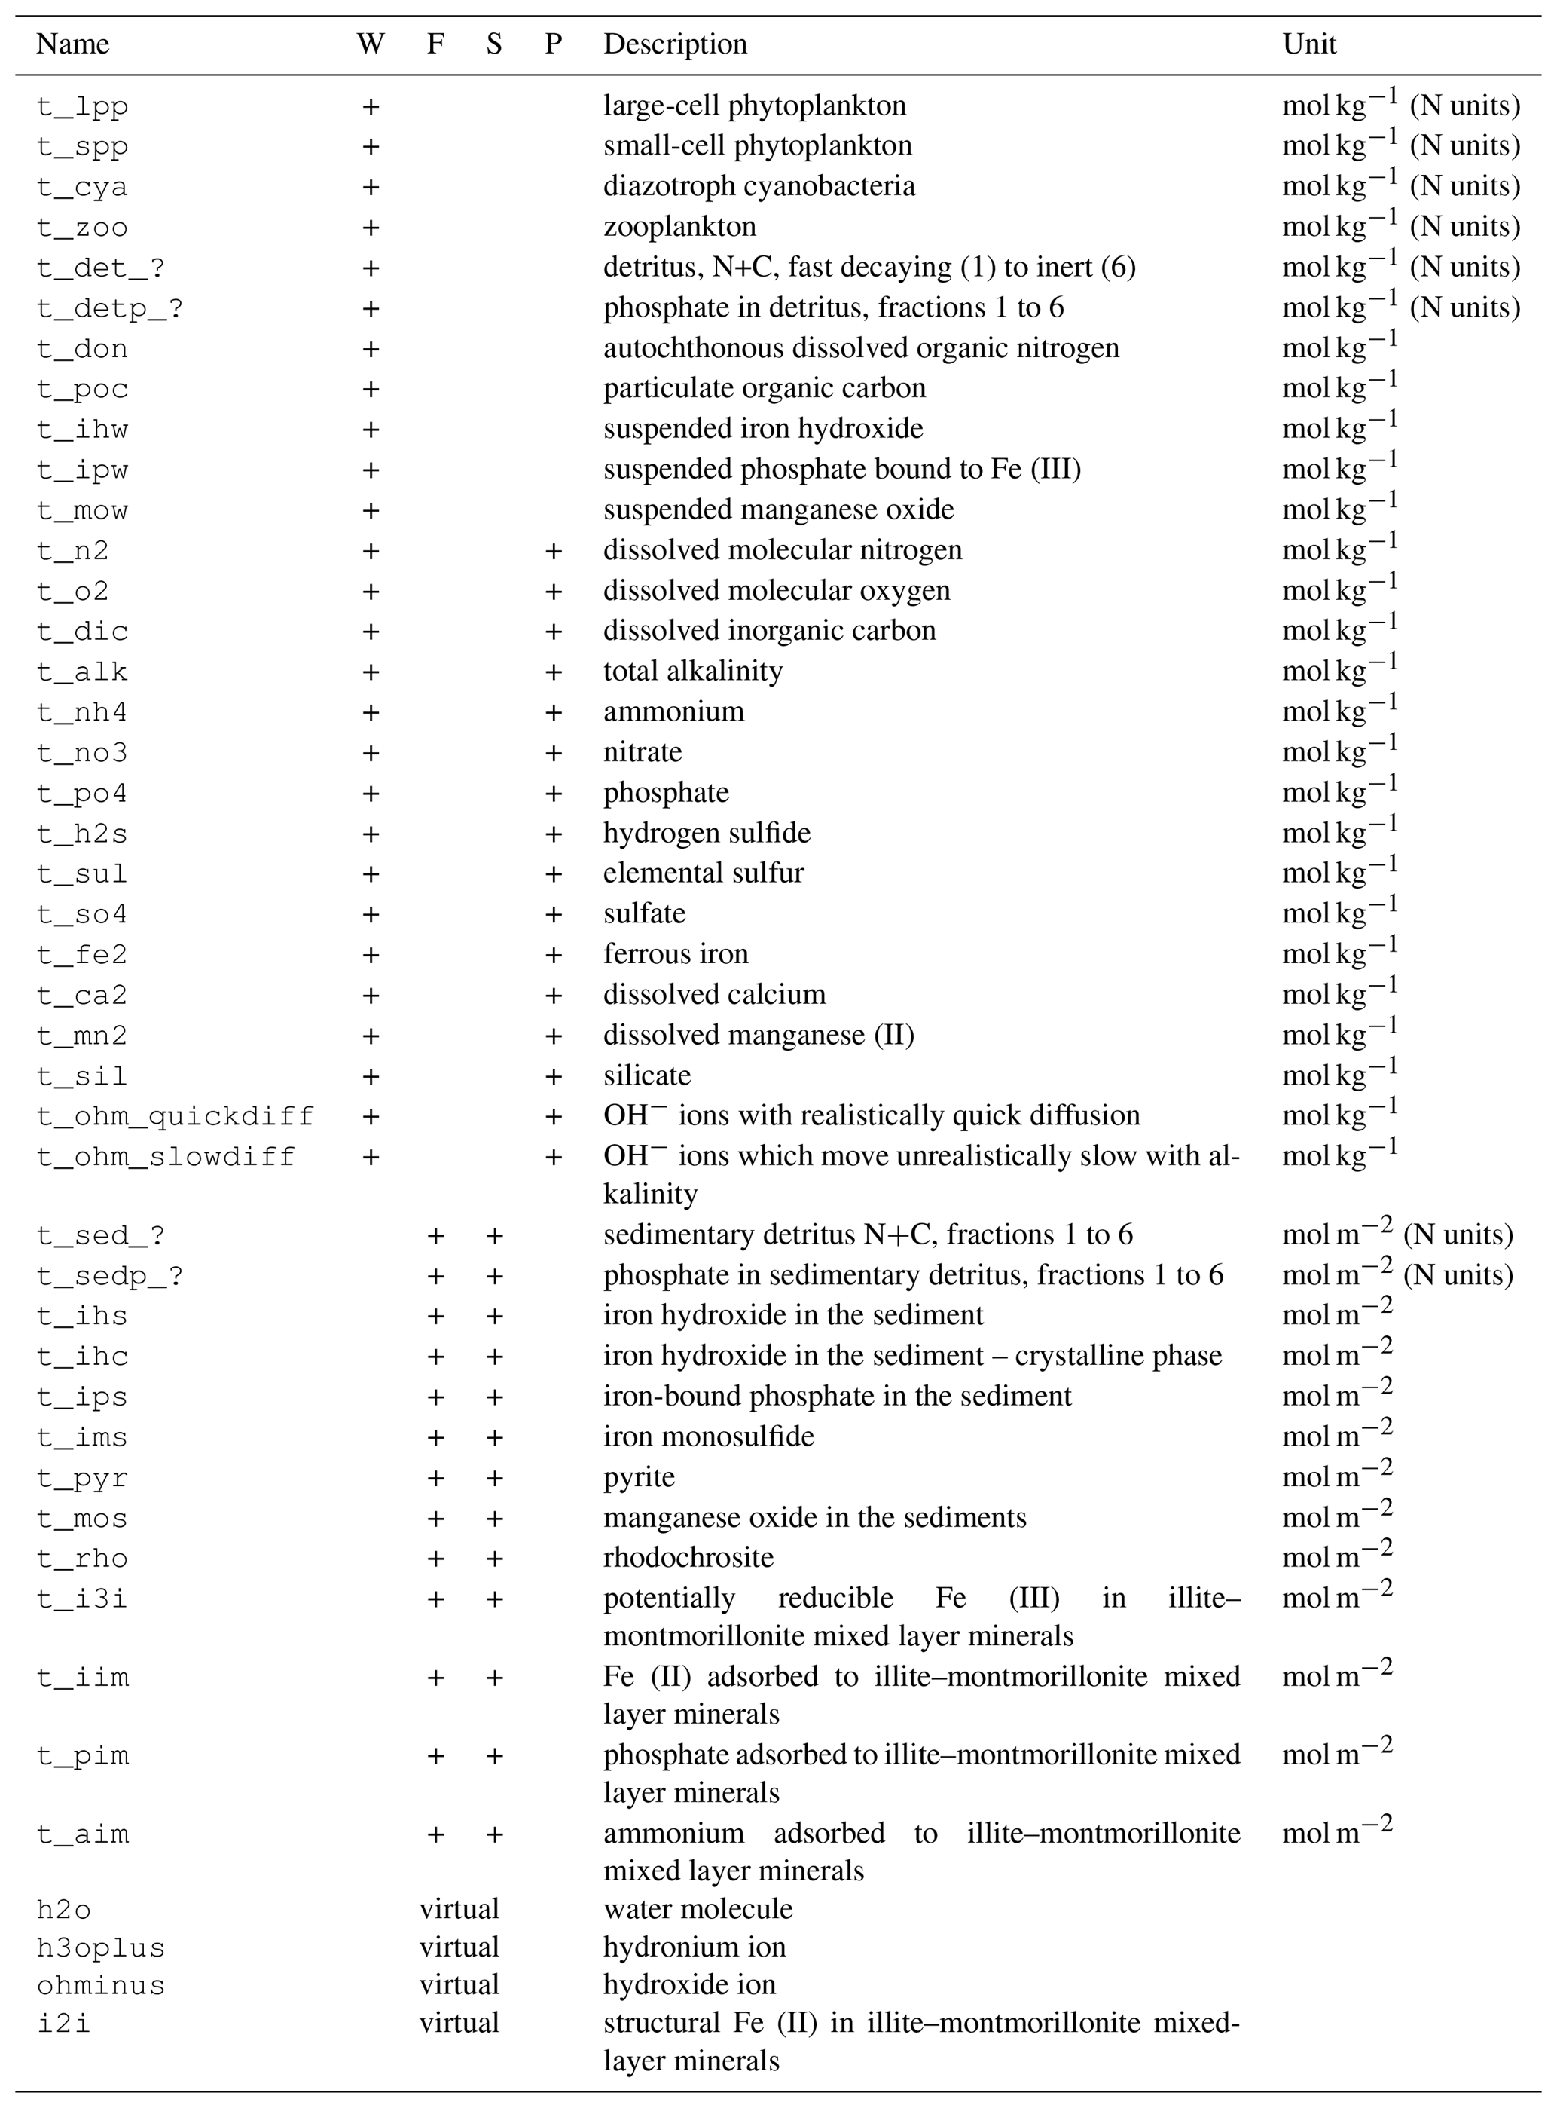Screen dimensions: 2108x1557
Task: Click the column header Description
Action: [x=675, y=44]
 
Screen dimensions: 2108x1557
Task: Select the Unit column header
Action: [x=1309, y=44]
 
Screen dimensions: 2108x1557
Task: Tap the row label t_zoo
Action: [x=82, y=227]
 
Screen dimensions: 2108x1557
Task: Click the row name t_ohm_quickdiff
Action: [x=176, y=1116]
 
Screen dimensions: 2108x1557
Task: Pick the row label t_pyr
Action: [x=82, y=1477]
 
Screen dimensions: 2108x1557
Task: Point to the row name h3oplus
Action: [x=101, y=1947]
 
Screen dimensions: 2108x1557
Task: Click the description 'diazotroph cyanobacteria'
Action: [x=759, y=185]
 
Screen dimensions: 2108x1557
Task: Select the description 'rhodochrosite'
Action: [x=688, y=1557]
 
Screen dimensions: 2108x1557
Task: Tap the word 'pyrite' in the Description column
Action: [x=639, y=1476]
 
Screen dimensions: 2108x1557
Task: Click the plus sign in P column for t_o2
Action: [x=553, y=591]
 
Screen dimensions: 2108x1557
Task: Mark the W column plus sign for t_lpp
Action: [x=371, y=106]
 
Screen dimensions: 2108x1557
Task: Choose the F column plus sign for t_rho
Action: [x=435, y=1559]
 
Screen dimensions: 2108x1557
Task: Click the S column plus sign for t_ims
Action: [x=494, y=1438]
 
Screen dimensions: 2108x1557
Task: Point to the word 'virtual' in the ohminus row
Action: [x=459, y=1984]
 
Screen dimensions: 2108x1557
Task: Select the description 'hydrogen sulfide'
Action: [x=707, y=834]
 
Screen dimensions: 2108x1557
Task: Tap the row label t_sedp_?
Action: [x=109, y=1275]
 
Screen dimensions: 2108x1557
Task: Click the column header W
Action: [x=371, y=44]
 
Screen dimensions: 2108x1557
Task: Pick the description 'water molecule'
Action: [x=698, y=1908]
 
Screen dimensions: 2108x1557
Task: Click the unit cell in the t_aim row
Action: [x=1337, y=1833]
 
